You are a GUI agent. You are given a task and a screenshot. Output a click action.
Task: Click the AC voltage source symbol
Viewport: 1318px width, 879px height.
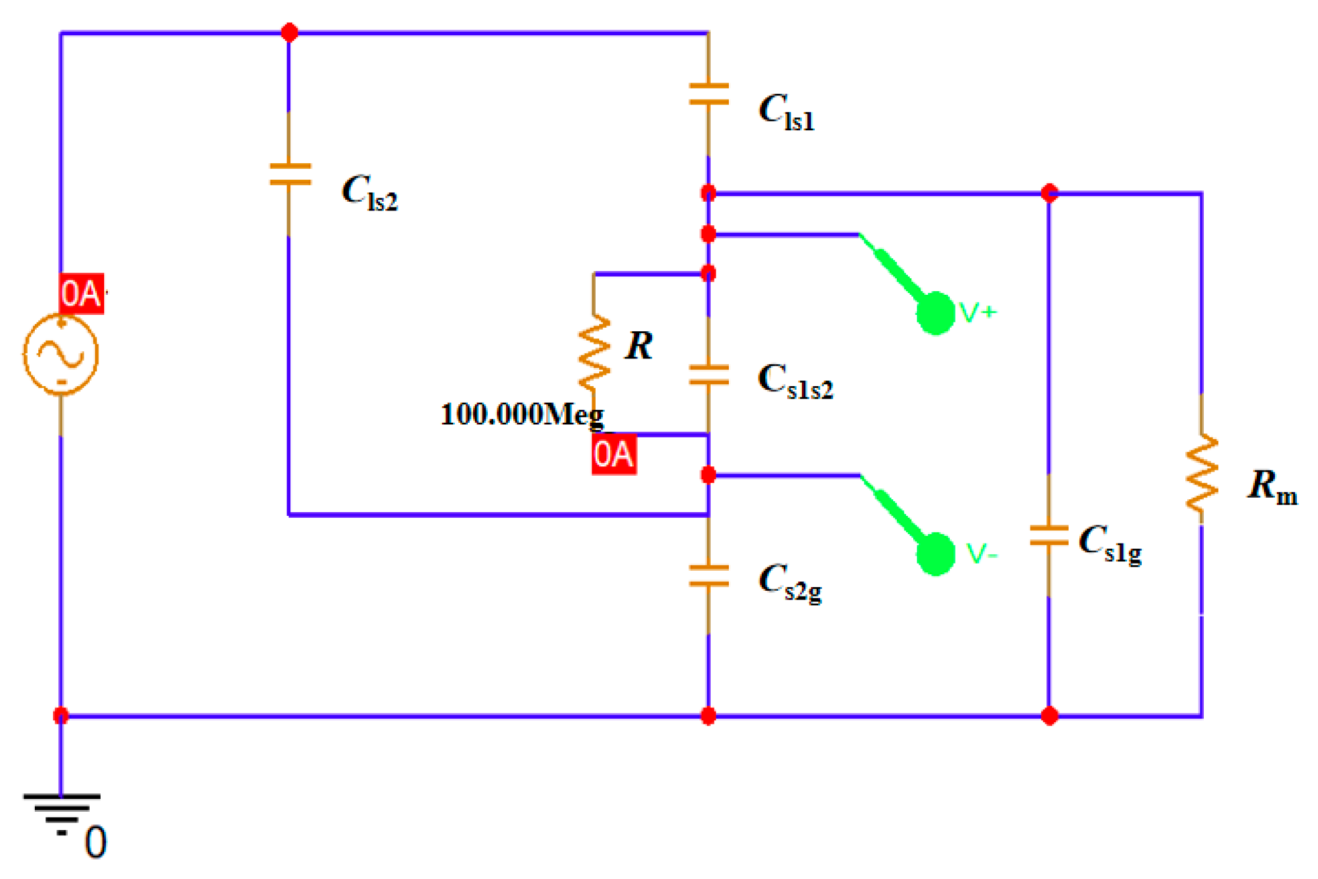(x=61, y=354)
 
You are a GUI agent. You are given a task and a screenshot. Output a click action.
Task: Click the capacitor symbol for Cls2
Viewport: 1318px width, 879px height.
(x=289, y=175)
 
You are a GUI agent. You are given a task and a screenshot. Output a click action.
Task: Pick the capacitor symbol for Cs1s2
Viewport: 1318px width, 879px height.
(x=709, y=375)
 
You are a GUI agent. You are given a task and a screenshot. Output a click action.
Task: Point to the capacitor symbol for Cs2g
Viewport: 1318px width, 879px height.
(x=709, y=576)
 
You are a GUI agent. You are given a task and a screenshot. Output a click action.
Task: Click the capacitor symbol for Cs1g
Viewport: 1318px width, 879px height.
(x=1049, y=535)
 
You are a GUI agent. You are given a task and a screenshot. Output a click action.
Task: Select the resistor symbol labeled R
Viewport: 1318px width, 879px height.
(x=594, y=353)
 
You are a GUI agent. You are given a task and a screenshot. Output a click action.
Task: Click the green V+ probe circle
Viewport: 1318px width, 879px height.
(x=935, y=313)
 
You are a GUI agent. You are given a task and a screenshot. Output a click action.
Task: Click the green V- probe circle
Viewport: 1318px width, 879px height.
(x=935, y=554)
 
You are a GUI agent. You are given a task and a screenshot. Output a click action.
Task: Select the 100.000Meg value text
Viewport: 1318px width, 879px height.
(x=522, y=414)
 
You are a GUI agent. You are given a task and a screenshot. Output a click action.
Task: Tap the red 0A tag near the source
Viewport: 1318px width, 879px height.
(x=81, y=293)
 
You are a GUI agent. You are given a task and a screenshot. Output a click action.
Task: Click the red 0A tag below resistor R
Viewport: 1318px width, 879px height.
(x=614, y=455)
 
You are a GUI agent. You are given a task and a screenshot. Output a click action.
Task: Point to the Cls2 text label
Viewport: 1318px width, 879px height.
(x=370, y=193)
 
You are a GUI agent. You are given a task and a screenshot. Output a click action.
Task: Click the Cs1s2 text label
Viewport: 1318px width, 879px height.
(x=795, y=381)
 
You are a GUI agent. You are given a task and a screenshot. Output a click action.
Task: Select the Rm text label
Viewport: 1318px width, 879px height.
(x=1271, y=487)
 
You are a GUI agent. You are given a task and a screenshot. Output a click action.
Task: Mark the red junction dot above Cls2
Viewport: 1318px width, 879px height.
(x=289, y=32)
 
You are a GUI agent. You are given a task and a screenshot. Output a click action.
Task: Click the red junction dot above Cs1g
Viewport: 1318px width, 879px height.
(x=1049, y=193)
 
